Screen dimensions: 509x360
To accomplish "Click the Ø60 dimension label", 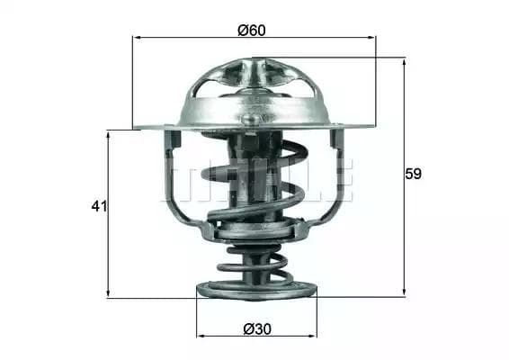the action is (252, 31).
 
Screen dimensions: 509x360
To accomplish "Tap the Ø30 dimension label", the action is (257, 329).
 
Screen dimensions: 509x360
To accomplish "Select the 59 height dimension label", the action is (414, 174).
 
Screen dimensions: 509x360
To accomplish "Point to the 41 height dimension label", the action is (99, 206).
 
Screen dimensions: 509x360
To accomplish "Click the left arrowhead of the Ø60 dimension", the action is (138, 38).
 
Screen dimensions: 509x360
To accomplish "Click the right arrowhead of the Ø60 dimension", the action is (371, 38).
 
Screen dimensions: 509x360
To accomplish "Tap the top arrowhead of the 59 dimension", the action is (404, 63).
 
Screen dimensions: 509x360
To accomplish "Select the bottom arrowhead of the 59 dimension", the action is (404, 292).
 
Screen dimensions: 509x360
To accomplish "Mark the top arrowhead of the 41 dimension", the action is (108, 136).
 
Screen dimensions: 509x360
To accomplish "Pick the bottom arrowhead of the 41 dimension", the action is (108, 292).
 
